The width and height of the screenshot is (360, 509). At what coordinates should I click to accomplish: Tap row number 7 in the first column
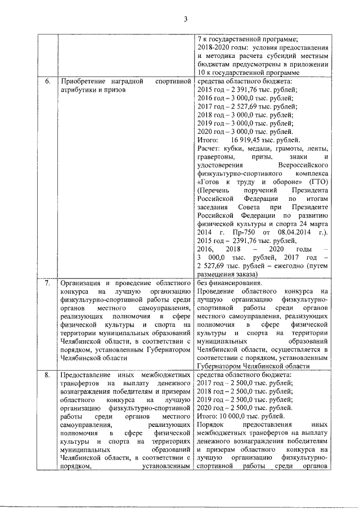pos(48,283)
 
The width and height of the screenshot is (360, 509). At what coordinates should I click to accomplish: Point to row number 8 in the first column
pos(48,375)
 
